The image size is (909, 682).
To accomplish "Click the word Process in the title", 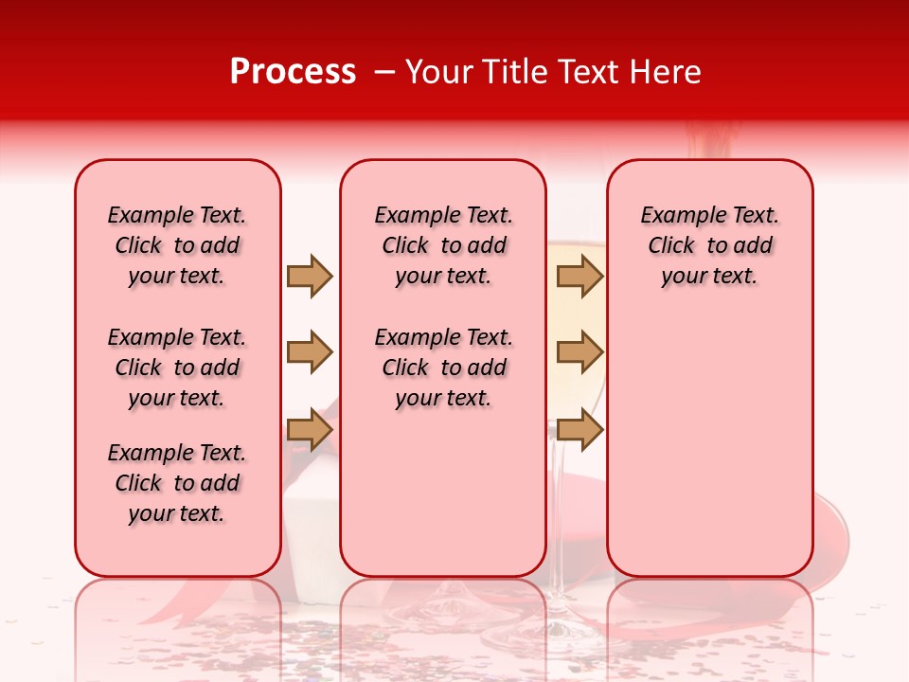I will (293, 72).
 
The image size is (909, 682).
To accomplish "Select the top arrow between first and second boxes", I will (310, 276).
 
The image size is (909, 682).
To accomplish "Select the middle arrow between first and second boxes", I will (310, 352).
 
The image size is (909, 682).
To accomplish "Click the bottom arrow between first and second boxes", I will (310, 430).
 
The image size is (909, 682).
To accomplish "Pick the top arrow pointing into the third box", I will (579, 276).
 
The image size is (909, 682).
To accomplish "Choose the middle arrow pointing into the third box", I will (579, 352).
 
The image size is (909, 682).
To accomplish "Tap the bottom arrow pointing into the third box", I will (579, 430).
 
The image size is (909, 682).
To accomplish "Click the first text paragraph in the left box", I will (177, 245).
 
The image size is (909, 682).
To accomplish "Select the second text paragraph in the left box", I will (177, 368).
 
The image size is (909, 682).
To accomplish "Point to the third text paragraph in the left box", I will (177, 483).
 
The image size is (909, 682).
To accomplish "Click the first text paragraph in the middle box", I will (443, 245).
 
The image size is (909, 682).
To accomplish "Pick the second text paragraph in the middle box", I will (443, 368).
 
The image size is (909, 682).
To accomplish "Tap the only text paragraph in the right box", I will (709, 245).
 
